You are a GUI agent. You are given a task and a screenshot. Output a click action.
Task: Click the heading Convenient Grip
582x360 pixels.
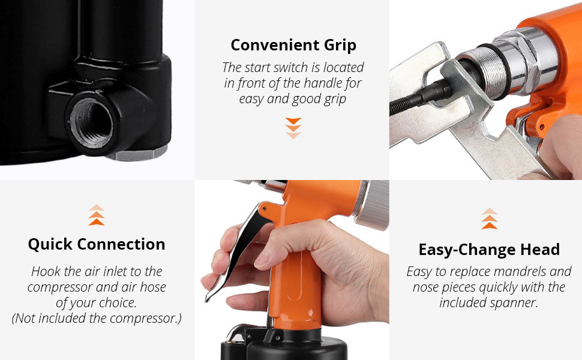tap(293, 45)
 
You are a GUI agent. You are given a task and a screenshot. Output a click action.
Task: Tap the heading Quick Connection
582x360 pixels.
tap(97, 244)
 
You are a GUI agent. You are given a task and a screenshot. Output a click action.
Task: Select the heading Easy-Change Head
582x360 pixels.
tap(489, 250)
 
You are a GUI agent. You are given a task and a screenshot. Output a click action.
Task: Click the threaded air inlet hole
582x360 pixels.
tap(91, 122)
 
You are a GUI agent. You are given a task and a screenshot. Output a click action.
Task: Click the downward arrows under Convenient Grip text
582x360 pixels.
tap(293, 128)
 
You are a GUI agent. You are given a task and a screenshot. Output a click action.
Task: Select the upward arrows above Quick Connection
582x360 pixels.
tap(97, 215)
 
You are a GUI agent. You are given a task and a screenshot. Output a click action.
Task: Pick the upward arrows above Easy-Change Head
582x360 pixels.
tap(490, 218)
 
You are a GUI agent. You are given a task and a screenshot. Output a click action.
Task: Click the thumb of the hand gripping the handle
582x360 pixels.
tap(286, 243)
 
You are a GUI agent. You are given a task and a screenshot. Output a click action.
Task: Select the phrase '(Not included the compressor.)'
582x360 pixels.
tap(97, 319)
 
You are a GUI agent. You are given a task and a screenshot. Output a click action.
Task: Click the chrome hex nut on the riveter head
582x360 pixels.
tap(531, 59)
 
